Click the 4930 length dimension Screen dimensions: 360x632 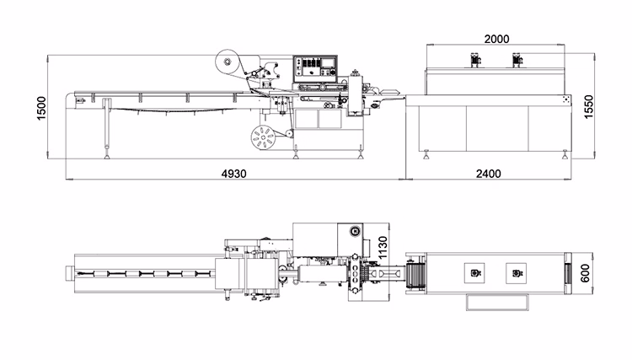pyautogui.click(x=233, y=174)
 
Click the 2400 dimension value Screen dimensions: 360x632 pyautogui.click(x=488, y=174)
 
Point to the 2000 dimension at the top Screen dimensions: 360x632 pyautogui.click(x=495, y=39)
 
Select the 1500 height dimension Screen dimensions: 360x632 pyautogui.click(x=42, y=108)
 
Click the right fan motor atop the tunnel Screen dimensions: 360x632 pyautogui.click(x=515, y=59)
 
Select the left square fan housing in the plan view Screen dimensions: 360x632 pyautogui.click(x=475, y=273)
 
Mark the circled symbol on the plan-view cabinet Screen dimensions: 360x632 pyautogui.click(x=355, y=231)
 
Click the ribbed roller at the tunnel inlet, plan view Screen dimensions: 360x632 pyautogui.click(x=412, y=274)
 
